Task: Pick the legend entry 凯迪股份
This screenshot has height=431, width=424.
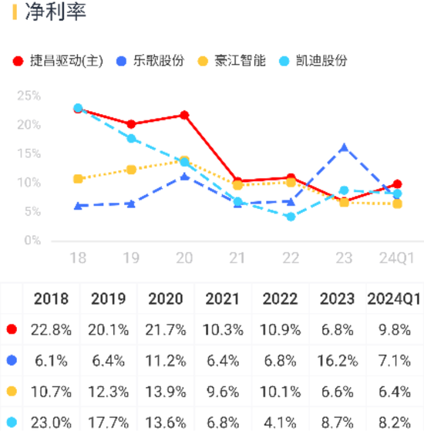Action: [321, 61]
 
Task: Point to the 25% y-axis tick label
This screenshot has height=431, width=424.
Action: [29, 96]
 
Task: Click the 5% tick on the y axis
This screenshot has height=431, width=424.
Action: [31, 211]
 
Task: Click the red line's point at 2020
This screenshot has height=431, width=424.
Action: [184, 115]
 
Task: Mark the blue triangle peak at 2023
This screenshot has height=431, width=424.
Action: [344, 147]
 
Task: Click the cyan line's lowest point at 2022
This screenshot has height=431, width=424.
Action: [291, 217]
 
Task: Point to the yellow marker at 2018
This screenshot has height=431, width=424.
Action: [78, 179]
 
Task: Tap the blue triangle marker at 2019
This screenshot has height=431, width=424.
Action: [131, 204]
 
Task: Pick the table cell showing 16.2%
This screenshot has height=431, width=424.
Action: [337, 360]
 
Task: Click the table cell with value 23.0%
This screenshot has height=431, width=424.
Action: [51, 422]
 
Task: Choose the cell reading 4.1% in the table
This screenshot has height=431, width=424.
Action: [281, 422]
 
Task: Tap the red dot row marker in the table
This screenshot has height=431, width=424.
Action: [12, 329]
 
